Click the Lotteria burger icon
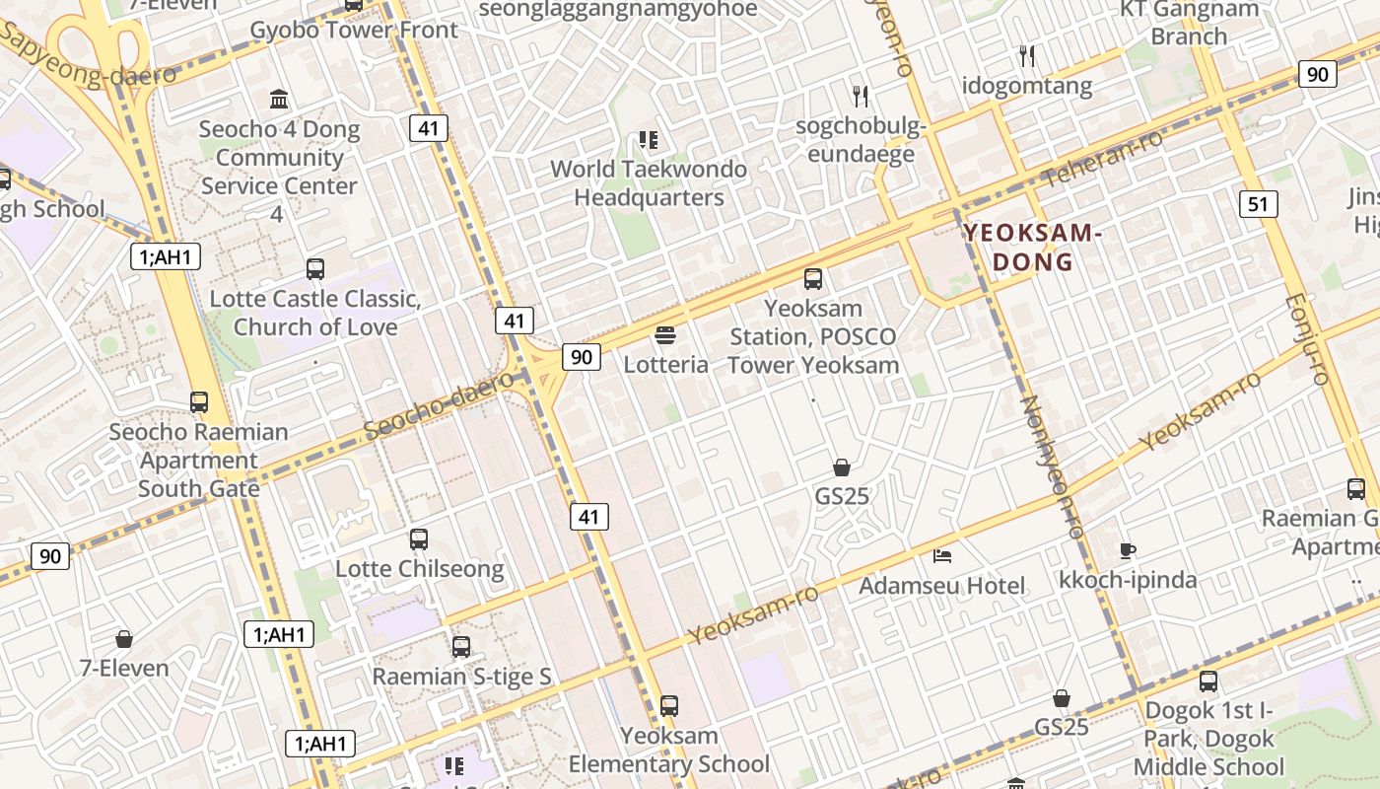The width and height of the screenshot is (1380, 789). (x=665, y=335)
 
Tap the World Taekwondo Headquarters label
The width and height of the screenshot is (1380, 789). (x=648, y=183)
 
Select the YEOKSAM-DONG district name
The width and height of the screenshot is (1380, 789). (x=1030, y=248)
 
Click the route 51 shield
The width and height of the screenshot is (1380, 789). (x=1257, y=204)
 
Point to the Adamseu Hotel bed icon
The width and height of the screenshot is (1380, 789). (x=942, y=556)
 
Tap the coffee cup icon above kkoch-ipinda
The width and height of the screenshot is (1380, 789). (x=1128, y=550)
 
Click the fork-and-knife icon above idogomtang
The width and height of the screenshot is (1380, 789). (x=1027, y=56)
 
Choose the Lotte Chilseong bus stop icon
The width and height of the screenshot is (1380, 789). (x=419, y=539)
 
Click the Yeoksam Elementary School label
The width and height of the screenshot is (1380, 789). (x=669, y=750)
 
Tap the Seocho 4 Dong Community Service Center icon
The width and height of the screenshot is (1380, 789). (x=279, y=100)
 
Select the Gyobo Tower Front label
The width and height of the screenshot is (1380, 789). (x=354, y=30)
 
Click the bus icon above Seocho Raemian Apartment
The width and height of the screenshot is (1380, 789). (x=199, y=402)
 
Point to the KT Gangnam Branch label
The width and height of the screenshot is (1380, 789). (x=1189, y=23)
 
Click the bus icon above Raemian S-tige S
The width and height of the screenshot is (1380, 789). (x=461, y=647)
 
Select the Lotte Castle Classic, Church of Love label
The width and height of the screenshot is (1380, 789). (x=315, y=313)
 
